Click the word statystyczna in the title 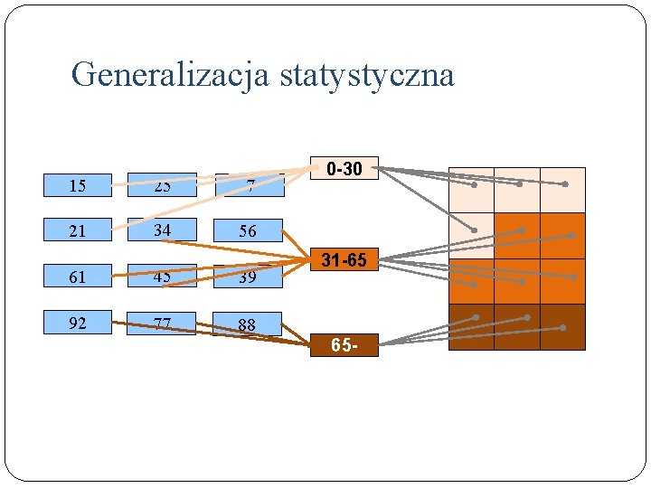[x=367, y=75]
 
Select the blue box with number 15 [x=78, y=185]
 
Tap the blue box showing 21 [x=78, y=230]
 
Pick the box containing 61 [x=78, y=277]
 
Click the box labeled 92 [x=78, y=323]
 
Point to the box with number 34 [x=162, y=230]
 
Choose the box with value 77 [x=162, y=323]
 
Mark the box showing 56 [x=248, y=230]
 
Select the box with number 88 [x=248, y=323]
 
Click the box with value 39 [x=248, y=277]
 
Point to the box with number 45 [x=162, y=277]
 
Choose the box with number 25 [x=162, y=185]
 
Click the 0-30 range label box [x=344, y=168]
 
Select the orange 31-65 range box [x=344, y=260]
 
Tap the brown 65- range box [x=344, y=345]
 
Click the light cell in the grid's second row [x=471, y=236]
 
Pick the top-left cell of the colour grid [x=471, y=190]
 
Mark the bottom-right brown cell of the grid [x=562, y=327]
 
